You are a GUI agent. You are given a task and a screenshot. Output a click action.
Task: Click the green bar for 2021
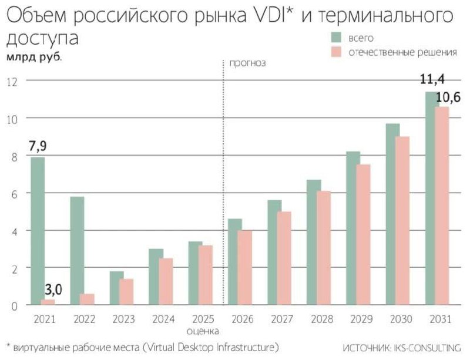tap(38, 231)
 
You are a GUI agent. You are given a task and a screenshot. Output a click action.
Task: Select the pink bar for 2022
tap(86, 300)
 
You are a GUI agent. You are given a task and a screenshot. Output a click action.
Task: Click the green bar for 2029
tap(352, 228)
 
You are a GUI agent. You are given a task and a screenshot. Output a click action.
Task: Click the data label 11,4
tap(431, 80)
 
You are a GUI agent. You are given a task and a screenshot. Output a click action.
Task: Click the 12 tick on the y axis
tap(11, 81)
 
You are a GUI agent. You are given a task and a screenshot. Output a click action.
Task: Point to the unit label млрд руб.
tap(33, 58)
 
